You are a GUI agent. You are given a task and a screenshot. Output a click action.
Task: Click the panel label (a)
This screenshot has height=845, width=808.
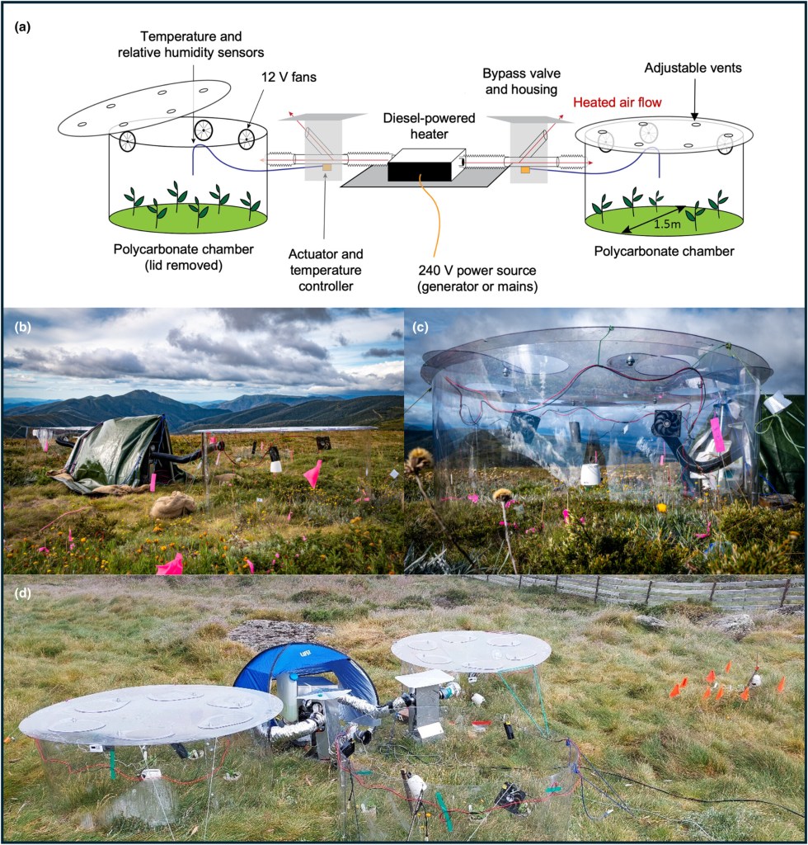click(x=22, y=26)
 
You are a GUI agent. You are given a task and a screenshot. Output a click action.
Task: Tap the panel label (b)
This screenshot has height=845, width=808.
click(x=23, y=324)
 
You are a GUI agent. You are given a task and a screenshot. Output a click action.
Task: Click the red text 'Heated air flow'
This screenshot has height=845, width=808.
click(x=617, y=104)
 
